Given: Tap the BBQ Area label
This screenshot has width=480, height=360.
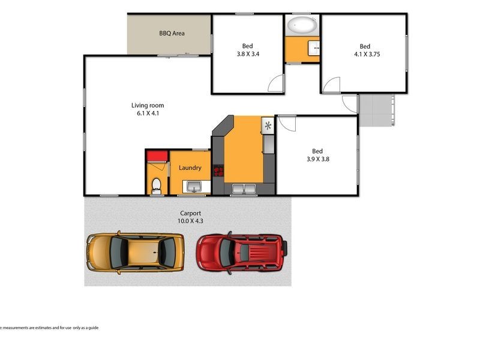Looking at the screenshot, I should click(172, 34).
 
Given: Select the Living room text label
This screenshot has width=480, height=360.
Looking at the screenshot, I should click(148, 106).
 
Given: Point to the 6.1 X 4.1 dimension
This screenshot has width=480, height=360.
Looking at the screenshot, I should click(148, 113).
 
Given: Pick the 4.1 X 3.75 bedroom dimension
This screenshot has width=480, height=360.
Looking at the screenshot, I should click(365, 54).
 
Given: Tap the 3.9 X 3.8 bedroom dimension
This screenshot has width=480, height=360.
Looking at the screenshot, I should click(317, 159).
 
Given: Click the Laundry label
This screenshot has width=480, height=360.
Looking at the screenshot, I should click(190, 168).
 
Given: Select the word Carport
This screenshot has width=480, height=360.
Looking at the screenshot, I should click(190, 213).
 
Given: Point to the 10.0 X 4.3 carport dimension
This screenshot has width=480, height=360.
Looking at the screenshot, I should click(190, 221).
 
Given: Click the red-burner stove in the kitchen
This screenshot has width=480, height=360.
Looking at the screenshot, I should click(219, 172).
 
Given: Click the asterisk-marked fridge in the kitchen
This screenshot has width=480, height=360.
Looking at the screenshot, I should click(268, 125).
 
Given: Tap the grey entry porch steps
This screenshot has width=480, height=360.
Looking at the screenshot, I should click(376, 110).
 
